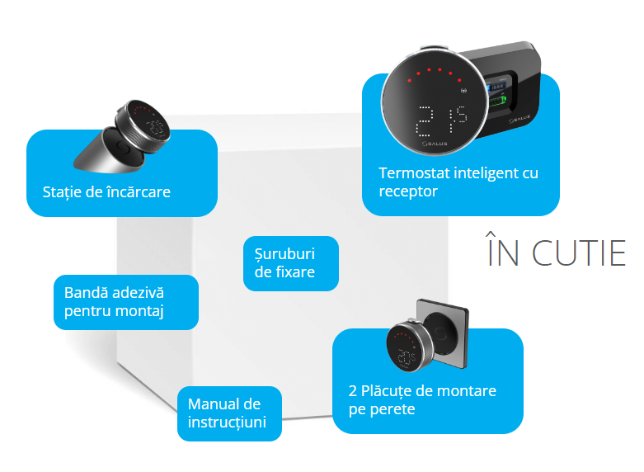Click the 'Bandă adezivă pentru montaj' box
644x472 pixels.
pos(125,302)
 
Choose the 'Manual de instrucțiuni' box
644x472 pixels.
pos(229,413)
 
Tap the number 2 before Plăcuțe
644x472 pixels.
pos(354,390)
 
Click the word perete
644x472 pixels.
pos(390,408)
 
